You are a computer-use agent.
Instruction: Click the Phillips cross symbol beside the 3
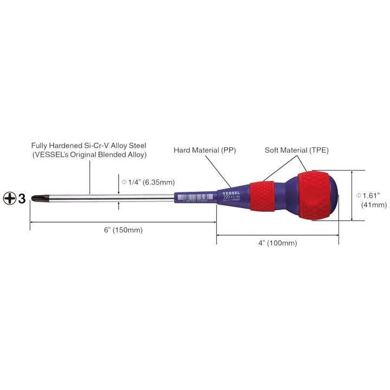10,198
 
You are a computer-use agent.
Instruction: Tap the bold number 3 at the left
22,198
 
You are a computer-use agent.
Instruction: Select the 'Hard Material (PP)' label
205,149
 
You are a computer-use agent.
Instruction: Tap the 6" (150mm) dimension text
123,230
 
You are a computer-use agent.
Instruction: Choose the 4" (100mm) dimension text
278,243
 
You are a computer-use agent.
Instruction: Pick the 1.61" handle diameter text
371,194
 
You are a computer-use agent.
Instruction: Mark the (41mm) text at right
373,205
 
